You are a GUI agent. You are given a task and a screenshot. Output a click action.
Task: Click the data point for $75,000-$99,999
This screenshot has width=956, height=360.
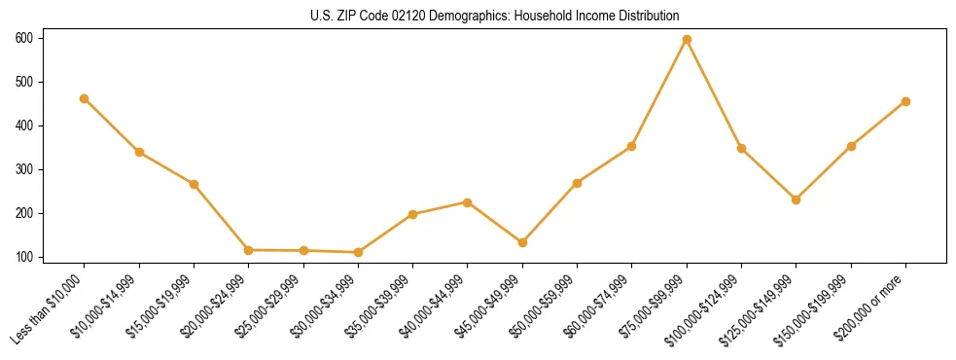pos(687,39)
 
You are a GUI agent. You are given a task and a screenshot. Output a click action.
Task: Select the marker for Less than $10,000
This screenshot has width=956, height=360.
pos(85,98)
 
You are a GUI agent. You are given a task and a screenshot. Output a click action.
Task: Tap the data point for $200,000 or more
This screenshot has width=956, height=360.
pos(905,101)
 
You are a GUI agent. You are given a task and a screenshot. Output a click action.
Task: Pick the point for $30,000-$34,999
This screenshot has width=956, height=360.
pos(358,252)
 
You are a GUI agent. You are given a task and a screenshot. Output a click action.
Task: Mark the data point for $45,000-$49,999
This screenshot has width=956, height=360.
pos(522,242)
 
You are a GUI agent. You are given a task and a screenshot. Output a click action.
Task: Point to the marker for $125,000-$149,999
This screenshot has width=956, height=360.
pos(797,199)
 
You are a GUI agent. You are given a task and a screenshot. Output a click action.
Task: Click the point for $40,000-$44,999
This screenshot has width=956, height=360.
pos(468,202)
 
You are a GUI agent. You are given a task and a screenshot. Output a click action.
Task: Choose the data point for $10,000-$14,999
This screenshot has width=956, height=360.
pos(139,152)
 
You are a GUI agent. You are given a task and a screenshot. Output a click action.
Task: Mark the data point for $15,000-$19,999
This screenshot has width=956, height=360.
pos(194,184)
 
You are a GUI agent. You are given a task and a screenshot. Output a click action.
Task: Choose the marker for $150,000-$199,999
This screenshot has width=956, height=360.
pos(851,146)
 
